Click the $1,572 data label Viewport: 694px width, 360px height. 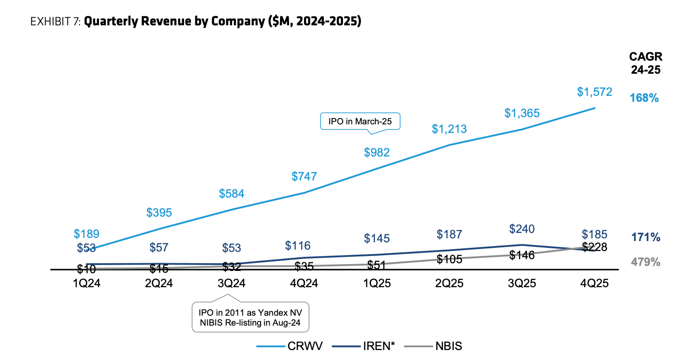pos(594,92)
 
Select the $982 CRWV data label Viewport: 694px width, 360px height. pos(376,152)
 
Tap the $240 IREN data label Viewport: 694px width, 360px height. pos(522,229)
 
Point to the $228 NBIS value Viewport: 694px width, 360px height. pos(594,247)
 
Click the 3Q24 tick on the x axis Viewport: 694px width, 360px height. pos(232,284)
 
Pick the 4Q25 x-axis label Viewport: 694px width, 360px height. pos(594,284)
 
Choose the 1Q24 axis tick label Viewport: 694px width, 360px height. pos(86,284)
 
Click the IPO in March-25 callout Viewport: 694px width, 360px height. pos(360,121)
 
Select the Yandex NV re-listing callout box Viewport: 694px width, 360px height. pos(250,317)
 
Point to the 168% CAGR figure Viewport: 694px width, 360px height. pos(644,98)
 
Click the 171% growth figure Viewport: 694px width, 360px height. pos(646,237)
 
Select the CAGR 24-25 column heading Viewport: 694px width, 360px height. pos(646,63)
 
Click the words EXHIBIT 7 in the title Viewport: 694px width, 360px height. pos(55,22)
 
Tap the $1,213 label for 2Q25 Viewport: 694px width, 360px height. pos(449,129)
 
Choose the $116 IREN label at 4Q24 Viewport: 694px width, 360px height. pos(298,246)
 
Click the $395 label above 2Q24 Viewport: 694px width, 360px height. pos(159,213)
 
